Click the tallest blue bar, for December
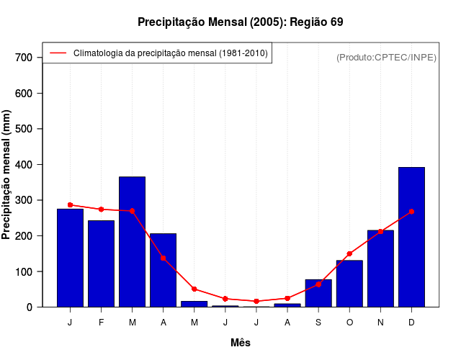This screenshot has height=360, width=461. click(411, 238)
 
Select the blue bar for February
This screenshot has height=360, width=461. click(101, 264)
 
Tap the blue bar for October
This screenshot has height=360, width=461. click(349, 284)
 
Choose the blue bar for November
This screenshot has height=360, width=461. click(380, 269)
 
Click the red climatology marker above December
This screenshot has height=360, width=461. click(411, 212)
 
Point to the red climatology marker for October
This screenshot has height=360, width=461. click(349, 253)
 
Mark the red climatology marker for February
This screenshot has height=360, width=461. click(101, 210)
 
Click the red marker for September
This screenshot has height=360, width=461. click(318, 284)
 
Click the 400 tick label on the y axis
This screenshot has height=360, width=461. click(24, 165)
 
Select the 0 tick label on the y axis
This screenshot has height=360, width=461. click(30, 307)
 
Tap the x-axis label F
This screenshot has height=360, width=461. click(101, 323)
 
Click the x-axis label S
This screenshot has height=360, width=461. click(318, 323)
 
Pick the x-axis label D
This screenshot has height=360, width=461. click(411, 323)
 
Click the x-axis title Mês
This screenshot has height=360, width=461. click(241, 343)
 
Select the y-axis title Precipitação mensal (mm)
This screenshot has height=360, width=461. click(7, 175)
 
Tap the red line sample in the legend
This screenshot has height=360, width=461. click(58, 53)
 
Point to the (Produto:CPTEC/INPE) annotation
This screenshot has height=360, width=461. click(386, 57)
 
